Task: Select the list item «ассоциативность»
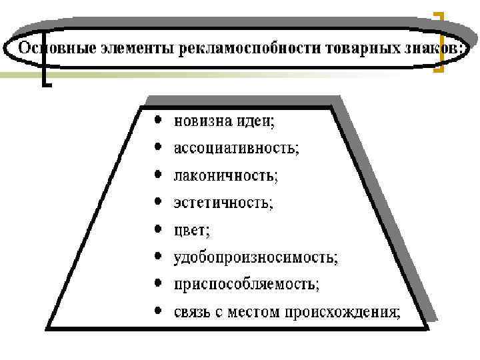coord(236,149)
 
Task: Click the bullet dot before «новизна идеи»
coord(157,121)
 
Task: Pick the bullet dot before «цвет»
coord(157,229)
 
